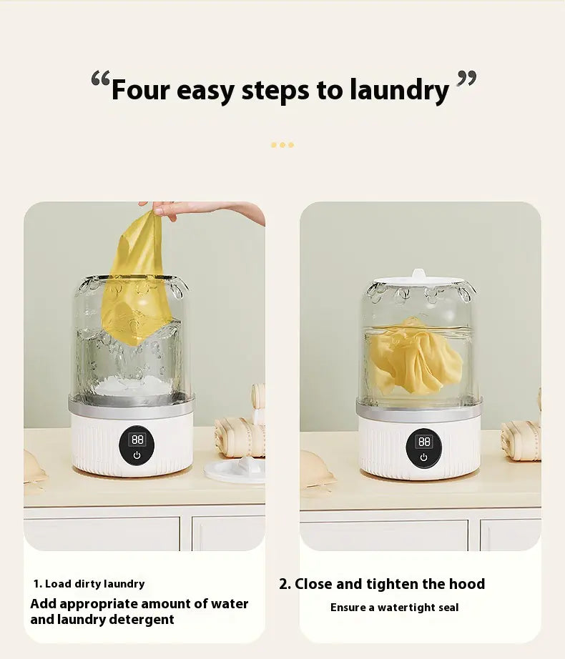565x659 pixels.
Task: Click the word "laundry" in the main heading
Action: click(x=399, y=91)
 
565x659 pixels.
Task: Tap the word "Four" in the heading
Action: click(x=141, y=91)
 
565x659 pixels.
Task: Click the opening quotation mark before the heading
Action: click(x=100, y=79)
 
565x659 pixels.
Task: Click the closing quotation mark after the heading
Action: click(x=466, y=79)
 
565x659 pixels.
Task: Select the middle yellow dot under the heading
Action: click(x=282, y=145)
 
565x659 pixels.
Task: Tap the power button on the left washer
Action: click(x=137, y=455)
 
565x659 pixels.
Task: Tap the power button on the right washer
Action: click(x=423, y=457)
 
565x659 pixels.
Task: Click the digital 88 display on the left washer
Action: click(x=137, y=440)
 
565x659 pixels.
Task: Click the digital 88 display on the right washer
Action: click(x=424, y=442)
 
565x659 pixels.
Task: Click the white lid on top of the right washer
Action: click(x=418, y=279)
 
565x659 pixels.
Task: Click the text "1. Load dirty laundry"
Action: click(x=89, y=584)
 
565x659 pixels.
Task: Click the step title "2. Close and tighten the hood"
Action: click(x=382, y=584)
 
